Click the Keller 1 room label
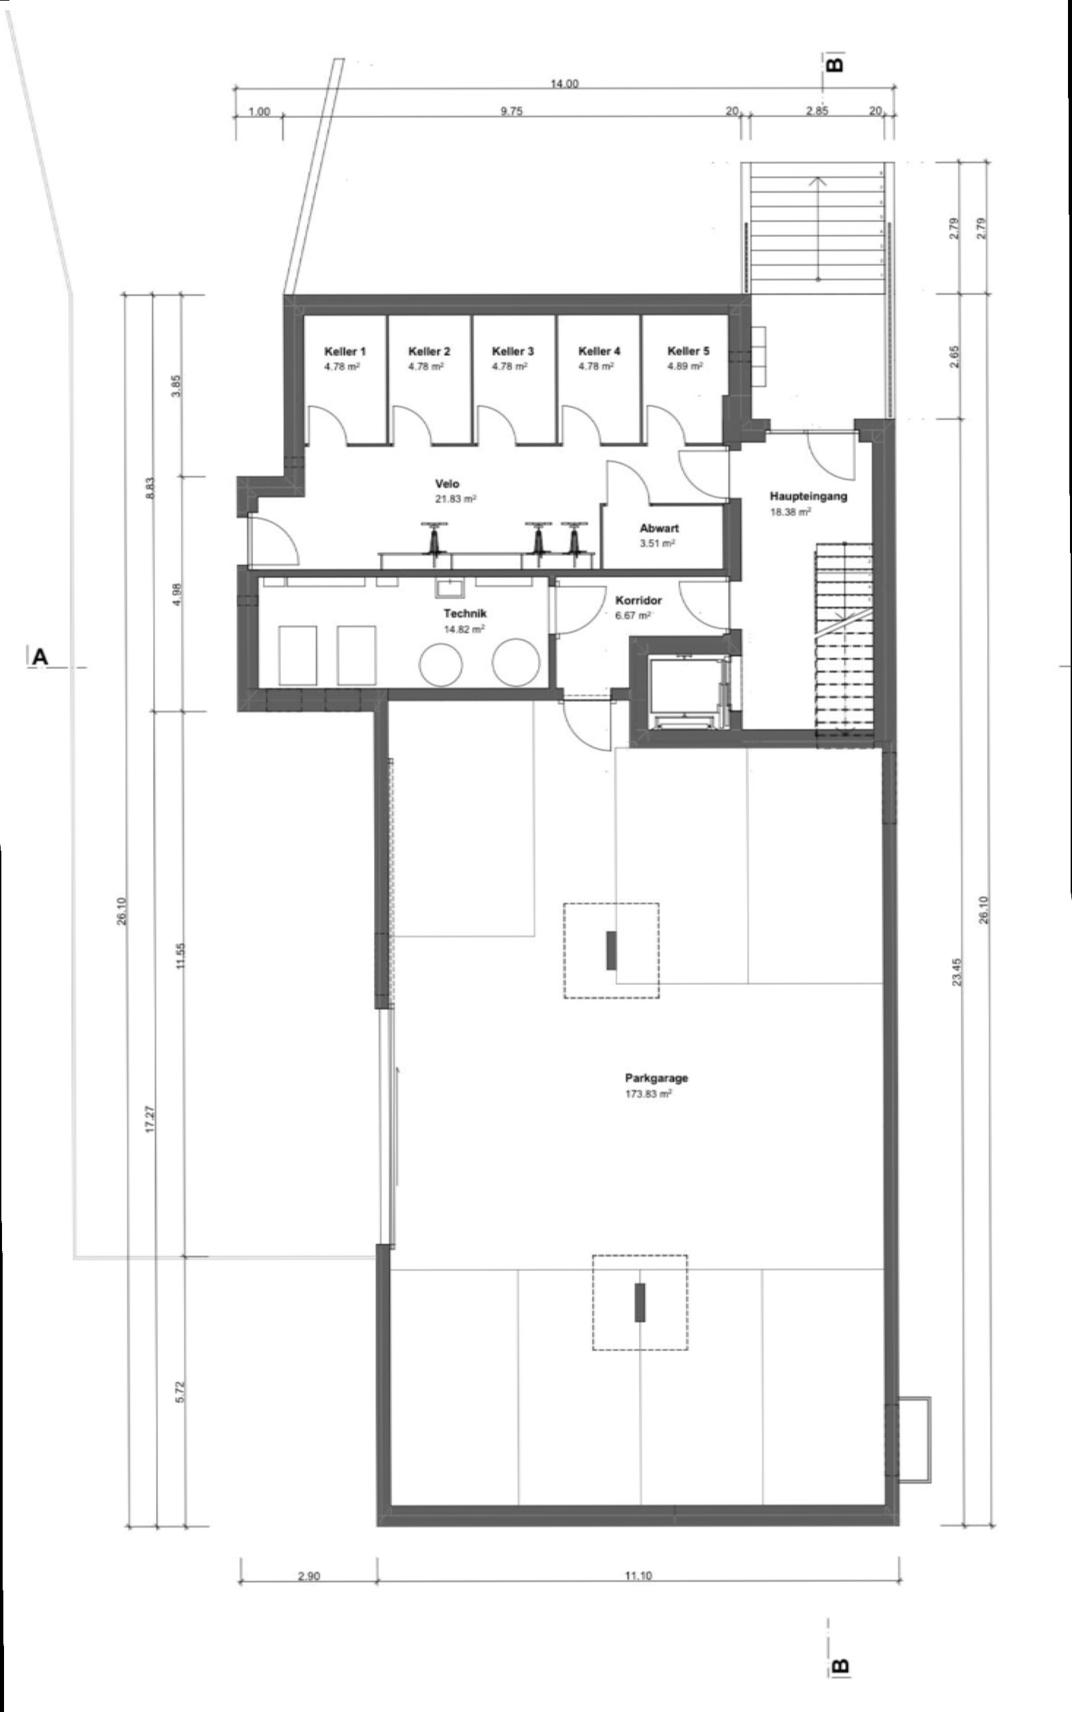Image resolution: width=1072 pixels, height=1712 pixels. coord(345,351)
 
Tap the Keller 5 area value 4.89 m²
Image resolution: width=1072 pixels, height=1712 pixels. coord(685,366)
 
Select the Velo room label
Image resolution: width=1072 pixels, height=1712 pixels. coord(448,484)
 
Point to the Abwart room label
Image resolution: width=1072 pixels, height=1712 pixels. coord(659,528)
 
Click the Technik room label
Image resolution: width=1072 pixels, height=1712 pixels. coord(465,614)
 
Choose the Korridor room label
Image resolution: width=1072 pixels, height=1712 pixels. coord(639,600)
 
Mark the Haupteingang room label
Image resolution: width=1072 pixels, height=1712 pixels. coord(808,496)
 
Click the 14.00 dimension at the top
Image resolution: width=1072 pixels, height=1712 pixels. coord(565,84)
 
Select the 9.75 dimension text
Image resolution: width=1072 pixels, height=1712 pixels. coord(511,111)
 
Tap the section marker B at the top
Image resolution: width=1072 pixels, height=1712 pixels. coord(835,64)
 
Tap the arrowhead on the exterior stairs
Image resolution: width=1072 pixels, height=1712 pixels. coord(818,181)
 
